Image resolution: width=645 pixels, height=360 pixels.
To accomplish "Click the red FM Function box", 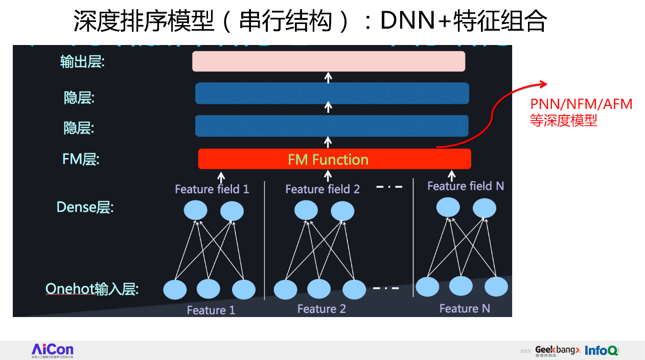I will point(334,159).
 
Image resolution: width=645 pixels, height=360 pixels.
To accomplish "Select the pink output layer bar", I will point(329,61).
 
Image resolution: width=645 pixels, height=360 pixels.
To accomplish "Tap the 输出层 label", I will point(82,62).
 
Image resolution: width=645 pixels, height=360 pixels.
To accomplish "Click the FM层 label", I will point(81,159).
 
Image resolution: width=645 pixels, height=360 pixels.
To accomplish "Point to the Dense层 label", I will point(85,207).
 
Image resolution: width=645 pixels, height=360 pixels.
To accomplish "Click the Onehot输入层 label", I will point(92,289).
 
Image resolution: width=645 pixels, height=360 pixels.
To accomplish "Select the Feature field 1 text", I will point(212,189).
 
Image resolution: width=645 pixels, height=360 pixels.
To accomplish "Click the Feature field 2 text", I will point(322,189).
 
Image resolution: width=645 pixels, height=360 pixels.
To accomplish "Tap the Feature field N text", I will point(466,186).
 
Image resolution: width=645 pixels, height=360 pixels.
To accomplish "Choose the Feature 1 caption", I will point(211,310).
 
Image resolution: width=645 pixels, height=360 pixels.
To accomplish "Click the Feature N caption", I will point(465,308).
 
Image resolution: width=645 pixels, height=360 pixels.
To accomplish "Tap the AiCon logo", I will point(53,350).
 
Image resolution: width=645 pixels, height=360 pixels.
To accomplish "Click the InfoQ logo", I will point(602,350).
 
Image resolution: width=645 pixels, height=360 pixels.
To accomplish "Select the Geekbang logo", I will point(557,350).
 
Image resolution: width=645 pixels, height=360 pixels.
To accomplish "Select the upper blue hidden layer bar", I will point(332,93).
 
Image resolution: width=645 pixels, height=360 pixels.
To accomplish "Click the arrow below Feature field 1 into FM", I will point(221,177).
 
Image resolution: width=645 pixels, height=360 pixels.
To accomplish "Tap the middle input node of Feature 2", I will point(319,289).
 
